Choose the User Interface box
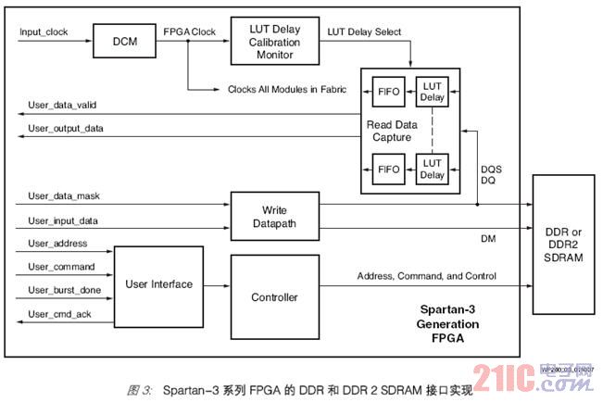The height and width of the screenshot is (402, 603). pyautogui.click(x=158, y=284)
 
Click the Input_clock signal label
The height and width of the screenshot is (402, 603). pyautogui.click(x=44, y=31)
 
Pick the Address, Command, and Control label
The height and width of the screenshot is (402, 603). pyautogui.click(x=425, y=276)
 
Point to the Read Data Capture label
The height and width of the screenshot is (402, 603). pyautogui.click(x=393, y=131)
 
